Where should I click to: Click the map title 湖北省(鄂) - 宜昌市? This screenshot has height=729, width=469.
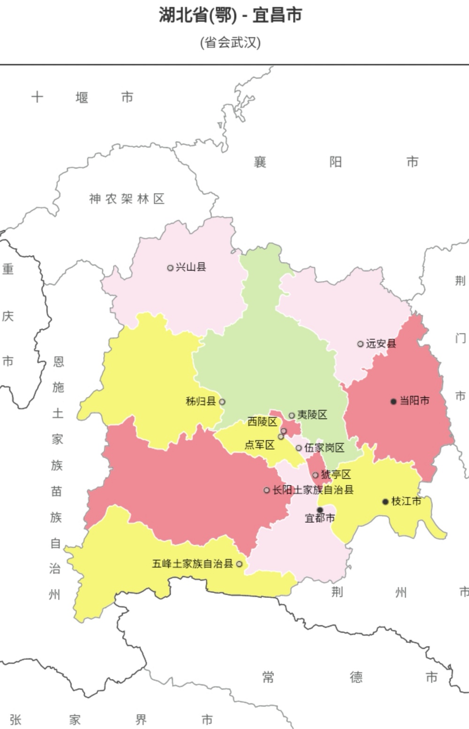pos(230,15)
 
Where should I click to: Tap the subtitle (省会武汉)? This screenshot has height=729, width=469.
pos(230,43)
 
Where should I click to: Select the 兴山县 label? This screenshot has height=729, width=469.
pos(191,267)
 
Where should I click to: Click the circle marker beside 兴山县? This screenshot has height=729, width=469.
pos(170,268)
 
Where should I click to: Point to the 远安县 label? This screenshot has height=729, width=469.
pos(381,344)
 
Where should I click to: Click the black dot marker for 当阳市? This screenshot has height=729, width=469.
pos(393,401)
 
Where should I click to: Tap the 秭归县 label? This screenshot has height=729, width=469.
pos(201,401)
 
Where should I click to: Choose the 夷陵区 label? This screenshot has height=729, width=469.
pos(312,414)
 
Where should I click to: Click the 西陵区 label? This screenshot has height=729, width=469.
pos(263,421)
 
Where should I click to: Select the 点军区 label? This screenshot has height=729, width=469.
pos(259,444)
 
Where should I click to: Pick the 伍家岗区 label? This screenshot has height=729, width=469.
pos(325,448)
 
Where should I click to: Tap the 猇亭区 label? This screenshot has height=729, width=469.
pos(336,474)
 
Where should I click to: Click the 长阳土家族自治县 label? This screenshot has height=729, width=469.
pos(313,490)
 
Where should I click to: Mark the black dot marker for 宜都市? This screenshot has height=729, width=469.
pos(320,510)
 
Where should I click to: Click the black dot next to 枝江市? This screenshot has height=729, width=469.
pos(386,502)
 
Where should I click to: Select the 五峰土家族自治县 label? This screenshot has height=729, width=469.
pos(192,564)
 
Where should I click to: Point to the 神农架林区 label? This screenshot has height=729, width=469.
pos(127,199)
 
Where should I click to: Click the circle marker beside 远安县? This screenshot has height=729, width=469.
pos(360,344)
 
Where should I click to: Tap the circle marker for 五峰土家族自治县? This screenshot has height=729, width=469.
pos(239,564)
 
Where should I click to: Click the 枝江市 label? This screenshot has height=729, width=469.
pos(406,501)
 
